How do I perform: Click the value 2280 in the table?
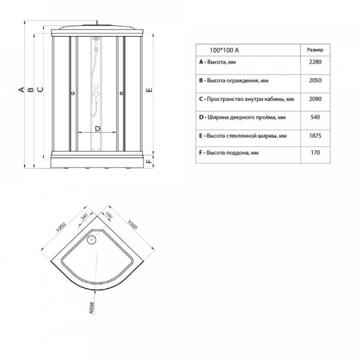(x=315, y=62)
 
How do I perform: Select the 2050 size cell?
(x=315, y=80)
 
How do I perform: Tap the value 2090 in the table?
(x=315, y=99)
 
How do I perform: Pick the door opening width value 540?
(x=315, y=118)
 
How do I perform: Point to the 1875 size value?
(x=315, y=136)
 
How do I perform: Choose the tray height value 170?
(x=315, y=152)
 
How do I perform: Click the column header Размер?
(x=315, y=50)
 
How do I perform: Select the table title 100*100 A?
(x=224, y=50)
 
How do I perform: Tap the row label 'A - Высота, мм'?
(x=217, y=62)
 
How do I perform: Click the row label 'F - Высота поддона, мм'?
(x=229, y=153)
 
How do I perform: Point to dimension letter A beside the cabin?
(x=22, y=89)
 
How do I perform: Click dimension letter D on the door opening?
(x=98, y=128)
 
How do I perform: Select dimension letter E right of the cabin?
(x=149, y=90)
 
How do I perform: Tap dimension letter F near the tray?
(x=149, y=161)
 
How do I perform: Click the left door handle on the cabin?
(x=73, y=93)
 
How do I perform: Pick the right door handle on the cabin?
(x=122, y=93)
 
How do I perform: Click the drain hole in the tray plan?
(x=92, y=239)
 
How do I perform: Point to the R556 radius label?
(x=92, y=308)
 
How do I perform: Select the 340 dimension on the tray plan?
(x=84, y=217)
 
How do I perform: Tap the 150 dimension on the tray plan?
(x=109, y=215)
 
